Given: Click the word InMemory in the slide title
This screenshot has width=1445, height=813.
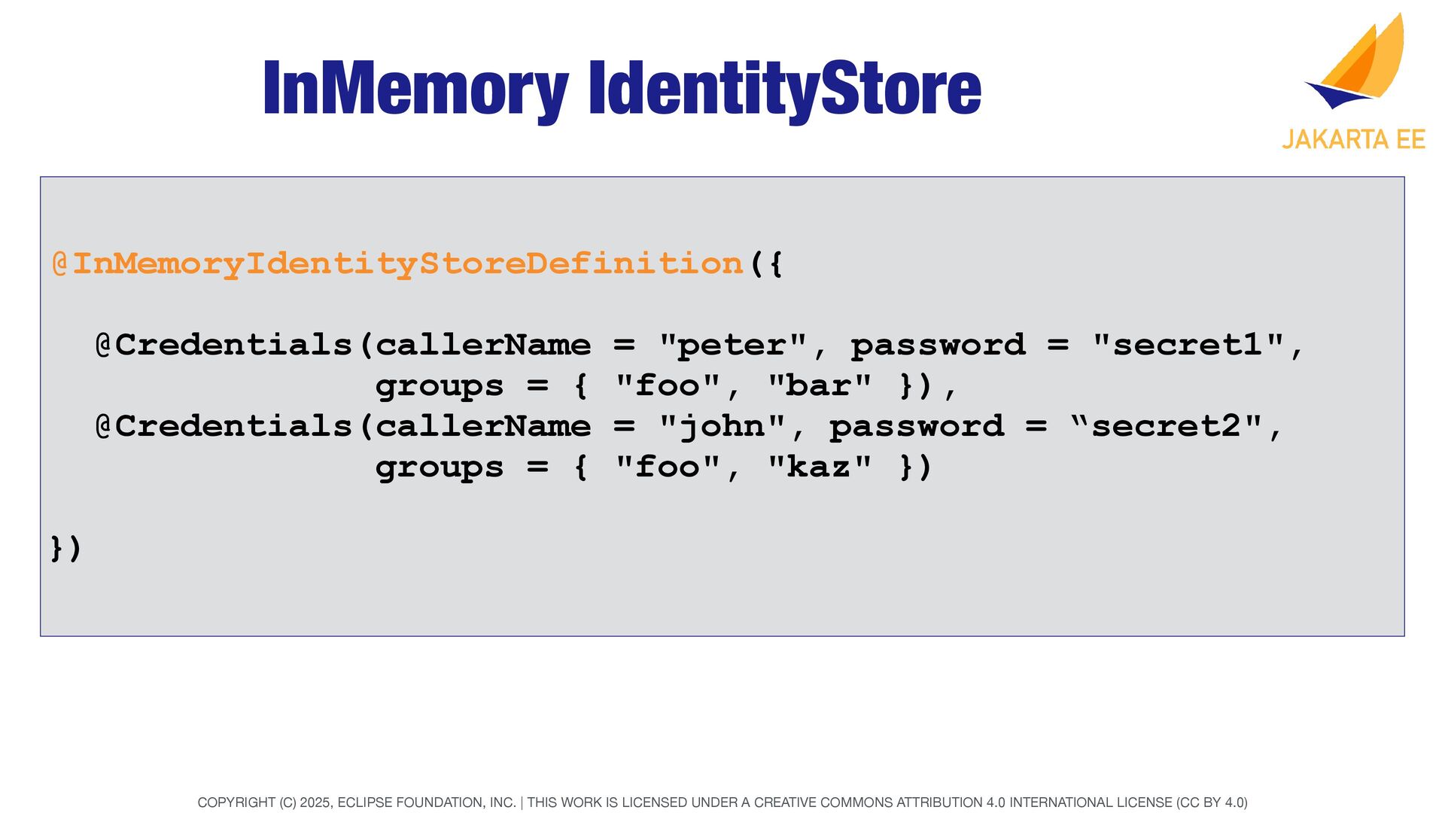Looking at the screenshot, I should (x=415, y=89).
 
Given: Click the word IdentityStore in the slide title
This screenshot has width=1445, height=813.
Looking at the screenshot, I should (x=785, y=89).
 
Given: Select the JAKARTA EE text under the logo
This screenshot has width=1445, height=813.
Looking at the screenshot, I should (x=1353, y=140).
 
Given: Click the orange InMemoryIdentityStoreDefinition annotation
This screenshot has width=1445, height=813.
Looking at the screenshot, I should (x=407, y=263).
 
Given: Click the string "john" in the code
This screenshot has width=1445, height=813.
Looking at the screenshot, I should (x=722, y=426).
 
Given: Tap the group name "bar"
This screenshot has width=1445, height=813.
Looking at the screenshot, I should (x=820, y=385).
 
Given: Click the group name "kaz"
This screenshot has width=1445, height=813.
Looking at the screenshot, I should (x=820, y=467).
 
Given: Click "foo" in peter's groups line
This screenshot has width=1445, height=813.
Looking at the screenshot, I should (x=668, y=385).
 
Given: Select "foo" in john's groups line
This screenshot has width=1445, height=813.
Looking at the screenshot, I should (x=668, y=467).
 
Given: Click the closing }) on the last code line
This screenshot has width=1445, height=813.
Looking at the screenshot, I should (x=65, y=548).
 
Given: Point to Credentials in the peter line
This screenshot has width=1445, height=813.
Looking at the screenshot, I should (x=233, y=345).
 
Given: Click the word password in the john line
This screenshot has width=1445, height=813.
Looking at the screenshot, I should (x=916, y=426).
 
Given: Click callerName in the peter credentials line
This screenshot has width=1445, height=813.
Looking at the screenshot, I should (x=482, y=345).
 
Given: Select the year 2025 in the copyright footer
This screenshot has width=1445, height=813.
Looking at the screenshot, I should (x=315, y=802).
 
